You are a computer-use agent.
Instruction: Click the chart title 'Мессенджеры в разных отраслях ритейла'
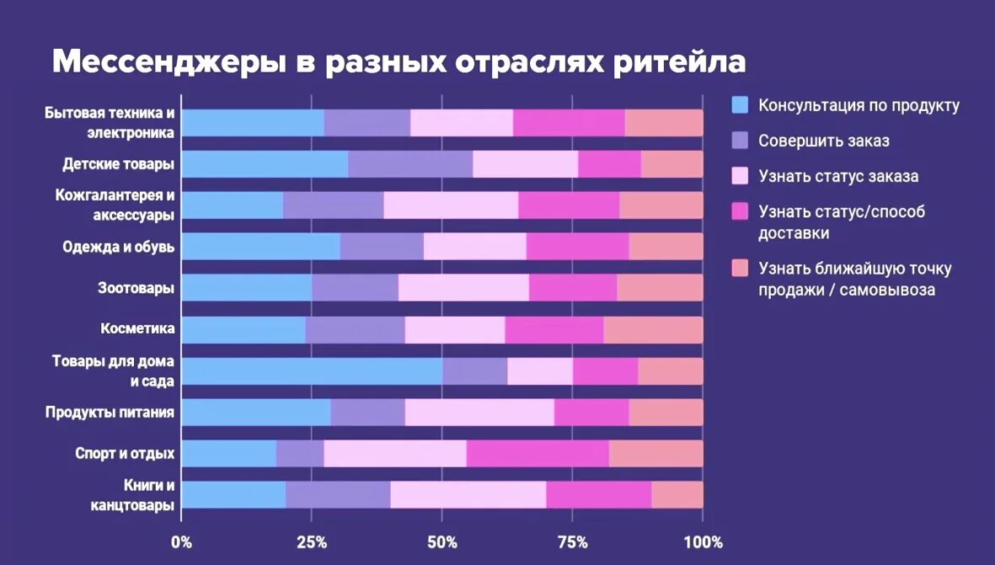click(399, 63)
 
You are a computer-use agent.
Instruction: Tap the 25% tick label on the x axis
click(312, 541)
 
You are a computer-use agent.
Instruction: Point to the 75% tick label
click(572, 541)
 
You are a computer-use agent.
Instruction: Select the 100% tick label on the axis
click(703, 541)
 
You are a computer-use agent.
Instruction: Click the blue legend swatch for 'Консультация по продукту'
click(740, 105)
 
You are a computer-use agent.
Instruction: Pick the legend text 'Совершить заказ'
click(823, 141)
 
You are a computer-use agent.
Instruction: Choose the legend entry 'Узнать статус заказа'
click(837, 176)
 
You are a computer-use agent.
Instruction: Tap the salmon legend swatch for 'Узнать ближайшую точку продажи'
click(740, 269)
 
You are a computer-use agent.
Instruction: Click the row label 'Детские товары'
click(119, 163)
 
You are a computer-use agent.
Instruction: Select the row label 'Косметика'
click(137, 328)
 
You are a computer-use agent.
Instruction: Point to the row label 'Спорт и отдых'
click(125, 453)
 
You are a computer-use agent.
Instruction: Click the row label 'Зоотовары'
click(136, 287)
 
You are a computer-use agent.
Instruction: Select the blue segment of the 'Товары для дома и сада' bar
click(312, 370)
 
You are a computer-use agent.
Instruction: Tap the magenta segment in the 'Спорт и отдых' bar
click(538, 453)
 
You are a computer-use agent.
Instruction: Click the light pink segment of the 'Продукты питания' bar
click(479, 412)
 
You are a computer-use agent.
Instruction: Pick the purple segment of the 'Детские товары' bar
click(409, 163)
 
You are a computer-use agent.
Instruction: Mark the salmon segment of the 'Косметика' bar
click(653, 329)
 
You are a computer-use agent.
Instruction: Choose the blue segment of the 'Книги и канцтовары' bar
click(233, 494)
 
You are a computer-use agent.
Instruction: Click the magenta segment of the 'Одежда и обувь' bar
click(577, 246)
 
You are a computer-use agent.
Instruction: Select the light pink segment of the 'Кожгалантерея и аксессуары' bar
click(451, 205)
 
